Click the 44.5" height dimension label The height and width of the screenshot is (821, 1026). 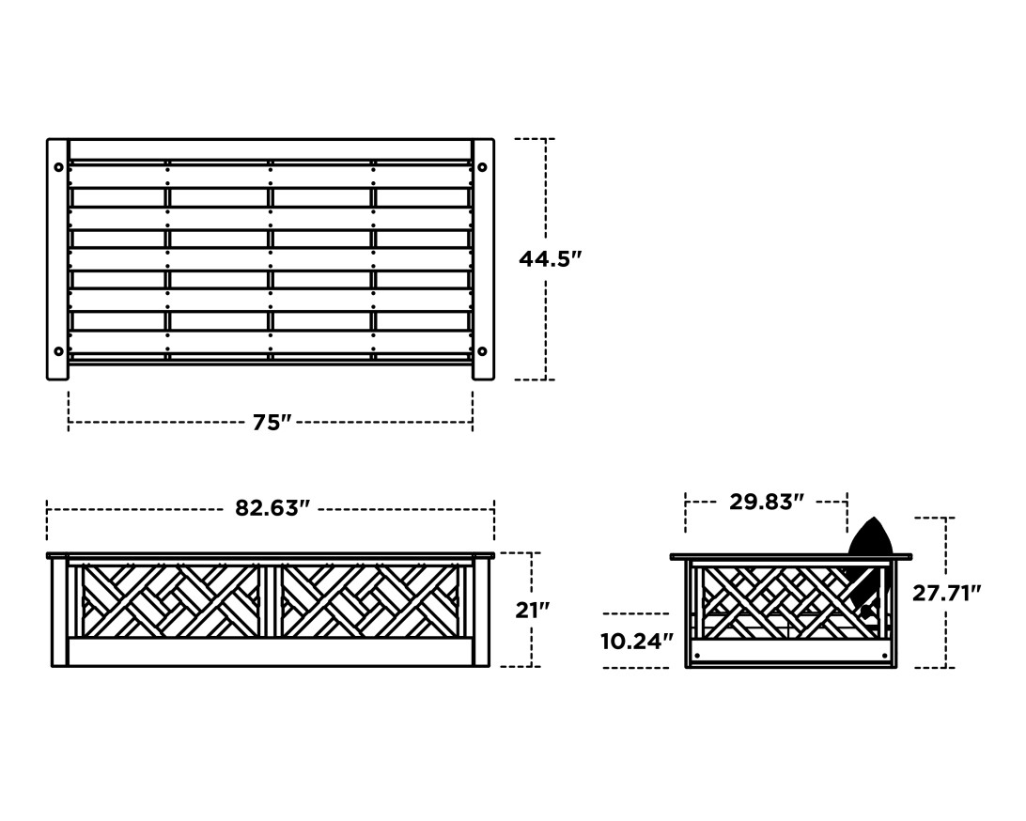(550, 259)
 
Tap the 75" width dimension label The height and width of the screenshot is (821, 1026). (272, 423)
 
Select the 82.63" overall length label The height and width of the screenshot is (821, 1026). (272, 508)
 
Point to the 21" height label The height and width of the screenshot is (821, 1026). (532, 610)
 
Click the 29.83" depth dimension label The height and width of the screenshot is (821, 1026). (766, 502)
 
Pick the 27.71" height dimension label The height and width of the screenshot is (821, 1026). (946, 593)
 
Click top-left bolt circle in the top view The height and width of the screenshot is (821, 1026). (59, 167)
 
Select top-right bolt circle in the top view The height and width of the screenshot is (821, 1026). (482, 167)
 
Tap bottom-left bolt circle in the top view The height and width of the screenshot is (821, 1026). (59, 351)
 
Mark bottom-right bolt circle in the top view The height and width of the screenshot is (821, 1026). (482, 351)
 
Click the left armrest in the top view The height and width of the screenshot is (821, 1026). (57, 259)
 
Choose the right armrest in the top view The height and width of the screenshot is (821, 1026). (483, 259)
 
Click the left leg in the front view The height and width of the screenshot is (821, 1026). (59, 612)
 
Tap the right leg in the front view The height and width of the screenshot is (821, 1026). (481, 612)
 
